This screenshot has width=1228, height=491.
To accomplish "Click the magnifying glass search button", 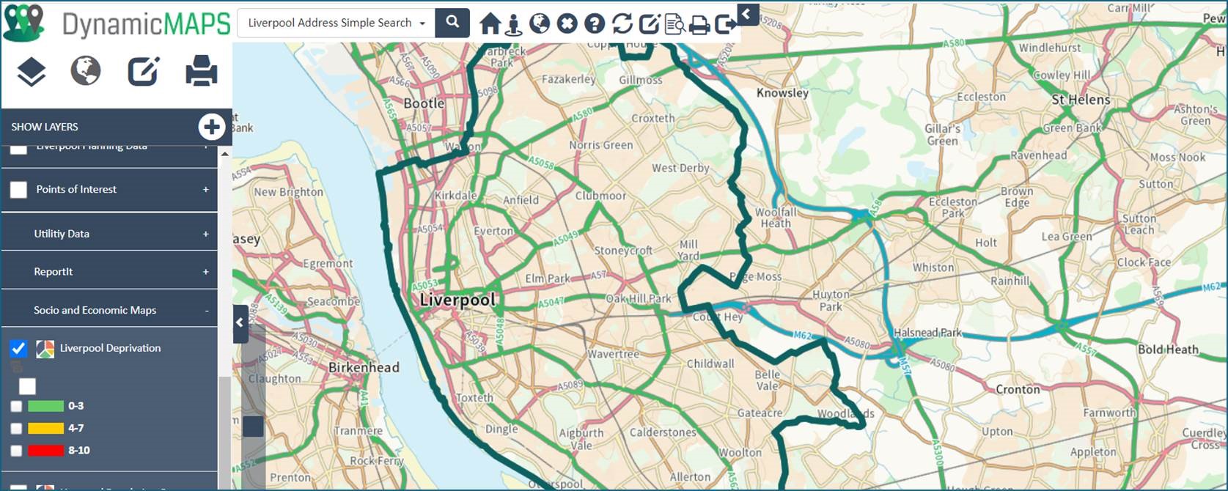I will click(x=452, y=23).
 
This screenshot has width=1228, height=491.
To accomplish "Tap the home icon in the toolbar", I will click(x=490, y=23).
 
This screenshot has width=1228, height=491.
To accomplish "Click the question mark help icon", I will click(x=595, y=23).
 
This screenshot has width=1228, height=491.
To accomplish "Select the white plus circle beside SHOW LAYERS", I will click(x=212, y=127).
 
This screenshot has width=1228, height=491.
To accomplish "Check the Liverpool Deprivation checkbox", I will click(x=18, y=349).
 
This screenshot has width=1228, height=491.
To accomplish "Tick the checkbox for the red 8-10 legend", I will click(x=16, y=451).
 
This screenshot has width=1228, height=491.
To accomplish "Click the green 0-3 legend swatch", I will click(x=45, y=406).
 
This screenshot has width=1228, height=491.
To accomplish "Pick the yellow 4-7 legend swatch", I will click(x=45, y=429).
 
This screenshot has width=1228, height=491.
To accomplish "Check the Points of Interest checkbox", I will click(x=18, y=190).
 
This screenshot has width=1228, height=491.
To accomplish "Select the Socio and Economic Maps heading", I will click(x=95, y=310).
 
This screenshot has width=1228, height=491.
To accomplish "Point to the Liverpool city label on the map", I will click(x=457, y=300).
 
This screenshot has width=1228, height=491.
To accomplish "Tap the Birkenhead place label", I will click(x=364, y=368).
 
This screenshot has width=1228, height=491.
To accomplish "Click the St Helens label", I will click(x=1081, y=100).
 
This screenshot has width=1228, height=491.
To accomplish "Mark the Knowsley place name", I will click(x=782, y=93).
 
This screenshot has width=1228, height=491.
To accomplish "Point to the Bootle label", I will click(x=424, y=104).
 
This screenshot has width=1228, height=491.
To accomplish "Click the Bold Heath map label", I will click(x=1168, y=350).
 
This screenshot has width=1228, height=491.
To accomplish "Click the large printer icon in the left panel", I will click(x=201, y=71).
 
